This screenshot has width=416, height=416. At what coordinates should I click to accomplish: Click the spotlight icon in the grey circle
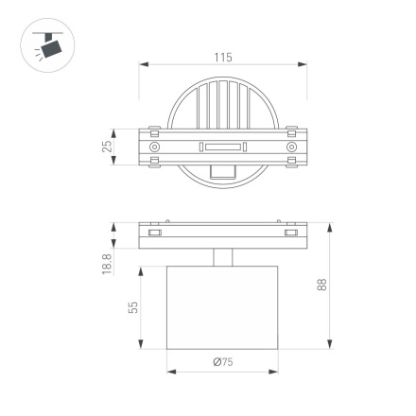(x=44, y=44)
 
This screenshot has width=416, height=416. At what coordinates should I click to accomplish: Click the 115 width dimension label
(x=223, y=58)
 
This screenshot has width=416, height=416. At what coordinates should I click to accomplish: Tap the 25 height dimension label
(x=108, y=147)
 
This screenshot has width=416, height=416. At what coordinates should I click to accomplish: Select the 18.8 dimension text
(x=107, y=264)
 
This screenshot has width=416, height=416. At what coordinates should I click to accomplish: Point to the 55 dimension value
(x=133, y=307)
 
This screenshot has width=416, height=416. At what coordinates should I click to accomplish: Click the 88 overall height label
(x=322, y=286)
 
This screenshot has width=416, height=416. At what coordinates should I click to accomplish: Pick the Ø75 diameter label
(x=223, y=361)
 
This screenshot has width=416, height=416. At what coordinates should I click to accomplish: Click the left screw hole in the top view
(x=155, y=147)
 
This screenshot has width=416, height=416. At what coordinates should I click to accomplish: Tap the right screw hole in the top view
(x=291, y=147)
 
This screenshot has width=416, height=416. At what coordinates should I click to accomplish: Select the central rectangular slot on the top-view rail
(x=223, y=147)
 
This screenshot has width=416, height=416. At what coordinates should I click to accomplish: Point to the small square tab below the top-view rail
(x=223, y=171)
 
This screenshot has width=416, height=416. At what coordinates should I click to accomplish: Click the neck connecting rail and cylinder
(x=223, y=258)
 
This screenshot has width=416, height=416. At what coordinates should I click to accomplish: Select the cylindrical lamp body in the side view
(x=223, y=308)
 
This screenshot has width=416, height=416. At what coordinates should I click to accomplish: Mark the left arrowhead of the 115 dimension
(x=143, y=66)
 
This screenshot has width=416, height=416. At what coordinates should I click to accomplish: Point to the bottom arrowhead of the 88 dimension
(x=330, y=346)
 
